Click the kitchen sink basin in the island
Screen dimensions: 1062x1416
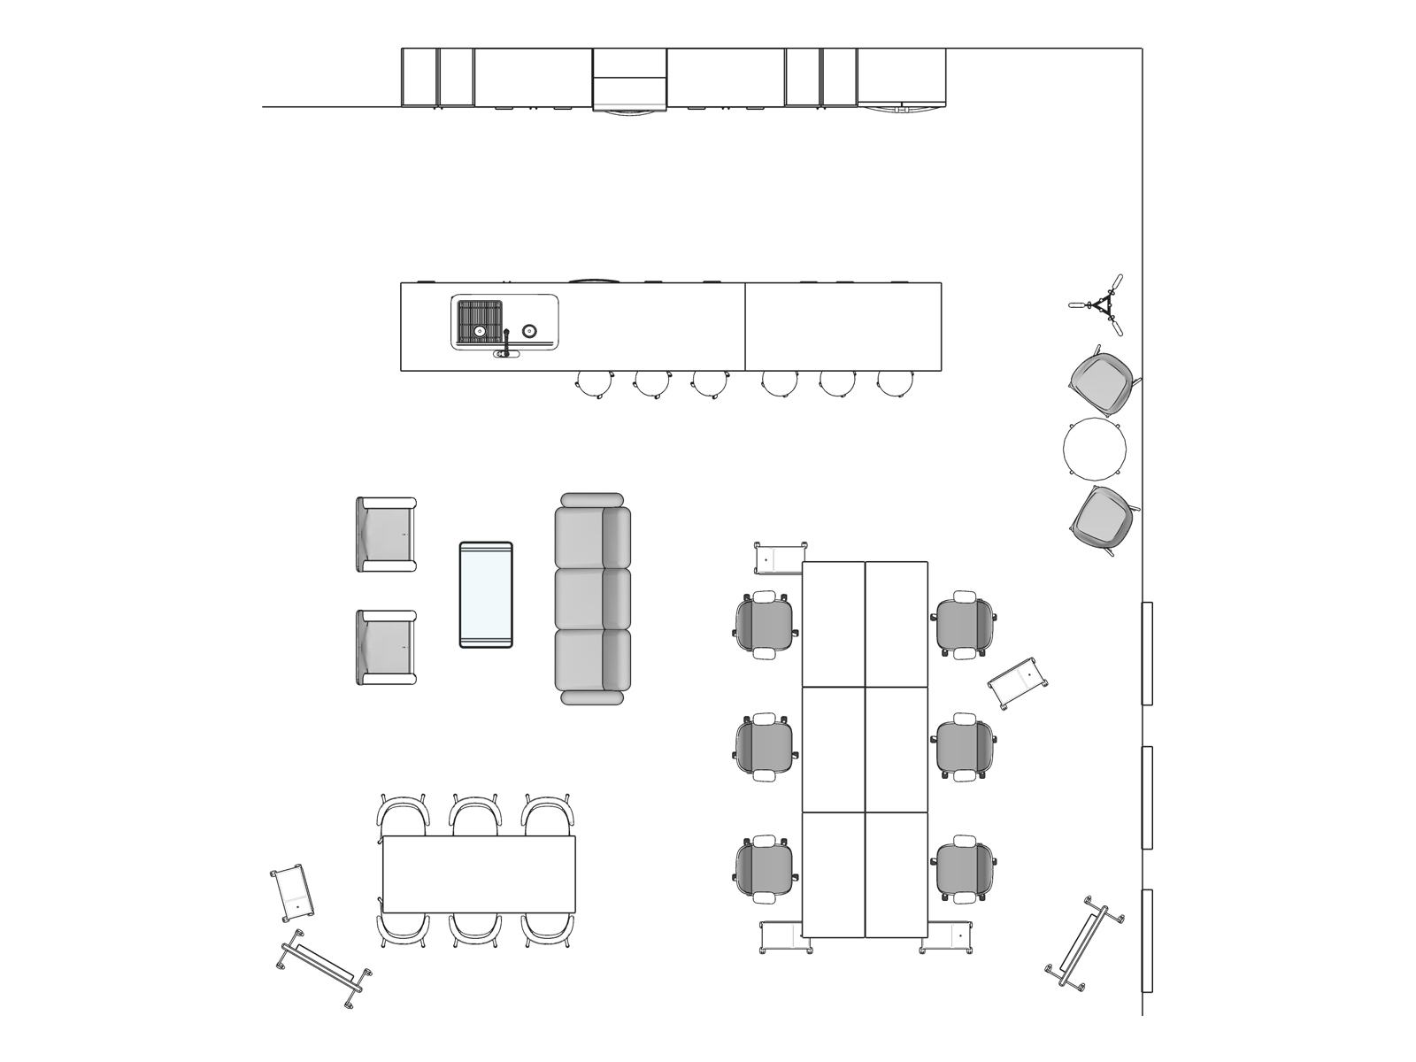[480, 322]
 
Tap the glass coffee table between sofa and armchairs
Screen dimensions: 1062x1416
[486, 595]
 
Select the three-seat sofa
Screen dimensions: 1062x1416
[592, 599]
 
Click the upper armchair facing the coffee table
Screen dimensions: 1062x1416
[387, 535]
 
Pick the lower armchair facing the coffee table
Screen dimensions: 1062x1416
[387, 647]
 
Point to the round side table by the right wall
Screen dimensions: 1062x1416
[1094, 450]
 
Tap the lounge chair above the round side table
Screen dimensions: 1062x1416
[1101, 380]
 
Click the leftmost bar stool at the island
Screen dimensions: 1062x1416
[594, 382]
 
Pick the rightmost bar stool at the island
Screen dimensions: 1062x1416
[895, 382]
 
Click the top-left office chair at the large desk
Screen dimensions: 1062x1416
[766, 625]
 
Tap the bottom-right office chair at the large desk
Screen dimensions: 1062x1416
[965, 869]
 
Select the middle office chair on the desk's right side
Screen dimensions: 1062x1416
[965, 746]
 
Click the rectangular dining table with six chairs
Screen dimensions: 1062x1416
[479, 874]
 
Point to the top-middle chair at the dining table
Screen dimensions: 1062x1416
[476, 815]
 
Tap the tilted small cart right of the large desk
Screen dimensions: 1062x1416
[1018, 682]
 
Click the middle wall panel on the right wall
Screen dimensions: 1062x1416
[1147, 797]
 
